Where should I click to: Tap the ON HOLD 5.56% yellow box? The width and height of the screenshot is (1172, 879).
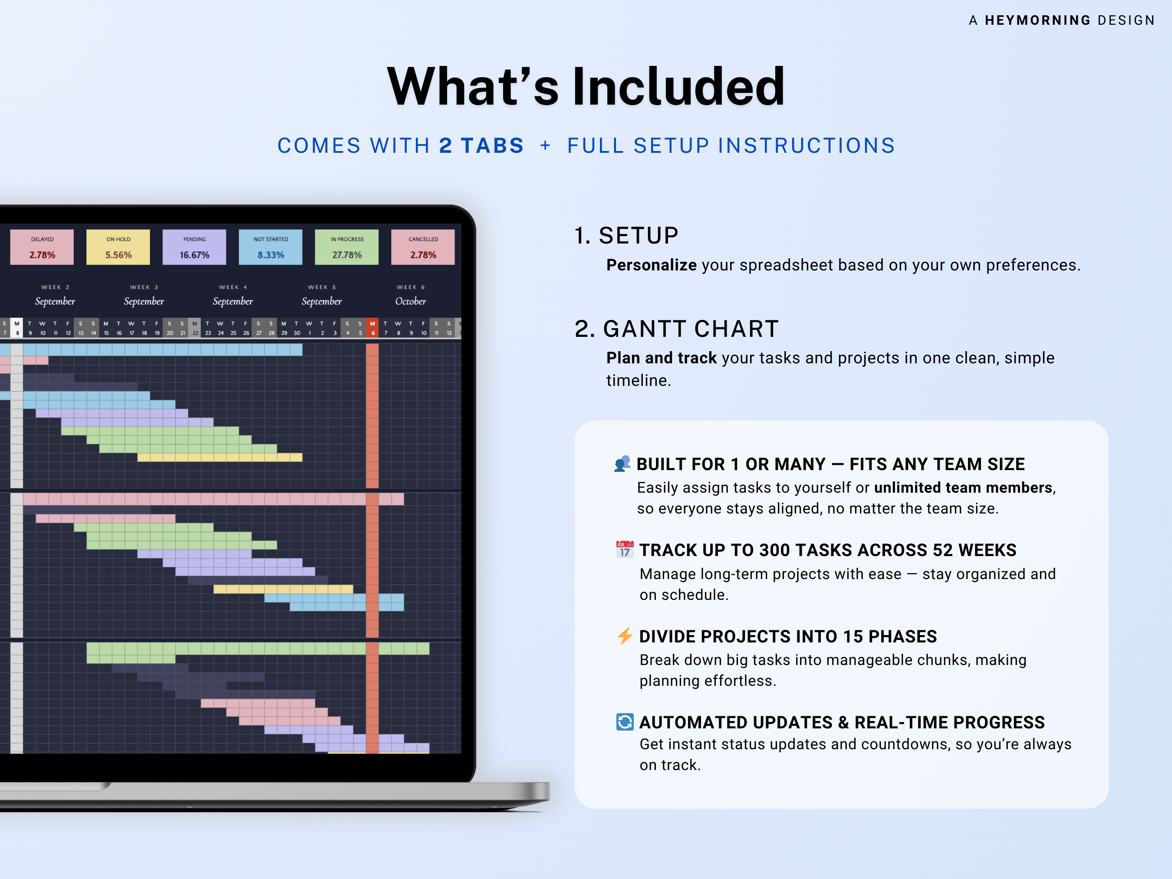pos(118,247)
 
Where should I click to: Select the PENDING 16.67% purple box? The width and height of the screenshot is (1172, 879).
pos(194,247)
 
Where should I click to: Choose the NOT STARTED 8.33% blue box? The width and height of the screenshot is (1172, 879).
pos(271,247)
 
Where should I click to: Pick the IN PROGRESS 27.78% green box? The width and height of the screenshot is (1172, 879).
pos(347,247)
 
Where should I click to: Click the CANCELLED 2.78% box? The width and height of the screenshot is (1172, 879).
pos(423,247)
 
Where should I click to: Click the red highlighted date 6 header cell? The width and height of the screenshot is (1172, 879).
pos(372,328)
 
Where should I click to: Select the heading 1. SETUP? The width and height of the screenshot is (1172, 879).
pos(626,236)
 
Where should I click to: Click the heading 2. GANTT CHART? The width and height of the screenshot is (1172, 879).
pos(677,329)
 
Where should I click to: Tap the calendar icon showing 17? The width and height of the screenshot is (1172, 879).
pos(625,550)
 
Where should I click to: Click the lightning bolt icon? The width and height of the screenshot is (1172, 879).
pos(625,636)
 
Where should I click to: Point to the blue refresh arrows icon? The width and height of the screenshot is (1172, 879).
pos(625,721)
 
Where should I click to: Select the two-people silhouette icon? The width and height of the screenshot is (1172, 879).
pos(622,464)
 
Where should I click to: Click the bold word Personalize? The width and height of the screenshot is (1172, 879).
pos(651,265)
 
